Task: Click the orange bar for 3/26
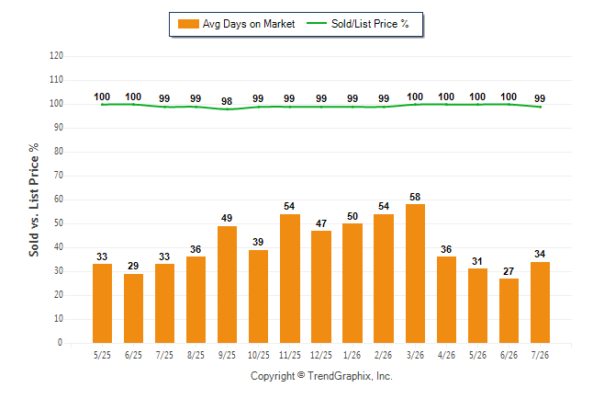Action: [x=415, y=274]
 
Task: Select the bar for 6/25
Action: [x=133, y=308]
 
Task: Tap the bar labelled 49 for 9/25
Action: [x=227, y=285]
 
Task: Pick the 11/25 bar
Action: [x=290, y=279]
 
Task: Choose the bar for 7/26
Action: [x=540, y=302]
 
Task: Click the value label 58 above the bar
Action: [x=415, y=197]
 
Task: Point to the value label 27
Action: [x=509, y=271]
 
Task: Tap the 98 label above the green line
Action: [x=227, y=101]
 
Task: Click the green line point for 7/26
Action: [x=540, y=107]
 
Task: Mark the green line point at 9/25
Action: [x=227, y=109]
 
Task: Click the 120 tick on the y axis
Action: [x=56, y=56]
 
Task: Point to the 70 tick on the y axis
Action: [x=58, y=175]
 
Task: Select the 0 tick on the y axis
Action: [x=61, y=343]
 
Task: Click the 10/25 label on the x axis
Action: [x=259, y=355]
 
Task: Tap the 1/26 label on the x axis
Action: [x=352, y=355]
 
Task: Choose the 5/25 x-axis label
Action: [x=102, y=355]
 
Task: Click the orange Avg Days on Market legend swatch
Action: [x=188, y=24]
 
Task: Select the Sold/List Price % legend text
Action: [x=370, y=24]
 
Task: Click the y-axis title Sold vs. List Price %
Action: [x=34, y=199]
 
